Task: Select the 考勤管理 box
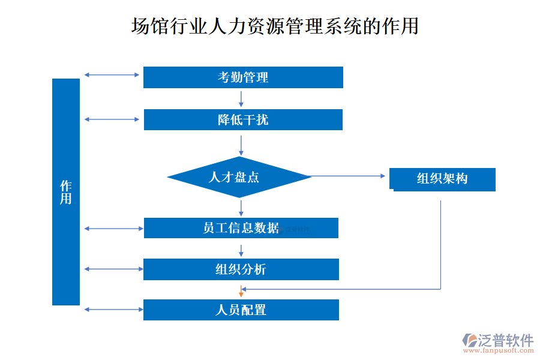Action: click(x=243, y=77)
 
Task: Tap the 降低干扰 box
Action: click(x=243, y=119)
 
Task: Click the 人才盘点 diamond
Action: click(x=239, y=177)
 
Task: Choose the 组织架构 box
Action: click(x=442, y=179)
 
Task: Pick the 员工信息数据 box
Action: click(x=241, y=228)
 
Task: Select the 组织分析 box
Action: click(x=241, y=269)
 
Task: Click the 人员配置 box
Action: click(x=241, y=310)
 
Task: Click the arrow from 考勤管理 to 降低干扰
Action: click(x=241, y=98)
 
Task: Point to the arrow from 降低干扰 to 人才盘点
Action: click(x=241, y=145)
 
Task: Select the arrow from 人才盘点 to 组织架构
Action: click(x=348, y=176)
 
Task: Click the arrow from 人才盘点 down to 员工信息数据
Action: click(x=241, y=208)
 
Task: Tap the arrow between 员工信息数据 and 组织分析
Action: click(x=241, y=248)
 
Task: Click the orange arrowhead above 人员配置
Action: click(x=241, y=293)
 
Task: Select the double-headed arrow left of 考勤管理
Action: click(x=112, y=75)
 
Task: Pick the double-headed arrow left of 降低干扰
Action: click(x=112, y=119)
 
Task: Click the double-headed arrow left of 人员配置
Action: click(x=112, y=310)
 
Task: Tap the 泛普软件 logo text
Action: click(x=505, y=340)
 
